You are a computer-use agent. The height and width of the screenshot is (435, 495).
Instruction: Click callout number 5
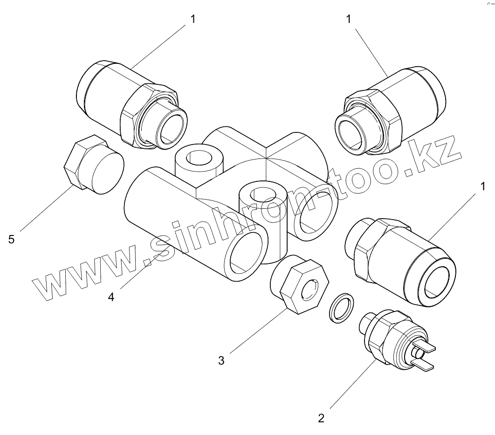[x=12, y=239]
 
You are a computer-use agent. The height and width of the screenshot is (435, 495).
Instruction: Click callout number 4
[x=111, y=297]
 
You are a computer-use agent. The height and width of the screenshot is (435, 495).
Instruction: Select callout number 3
[x=221, y=360]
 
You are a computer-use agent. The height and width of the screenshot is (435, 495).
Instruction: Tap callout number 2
[x=321, y=417]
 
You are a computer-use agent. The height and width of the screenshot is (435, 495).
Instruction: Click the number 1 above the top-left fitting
[x=193, y=19]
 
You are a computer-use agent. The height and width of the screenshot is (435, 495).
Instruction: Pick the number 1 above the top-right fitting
[x=349, y=19]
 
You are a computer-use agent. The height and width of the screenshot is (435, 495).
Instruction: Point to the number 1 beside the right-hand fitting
[x=483, y=187]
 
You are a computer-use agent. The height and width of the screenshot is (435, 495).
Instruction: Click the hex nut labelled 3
[x=298, y=287]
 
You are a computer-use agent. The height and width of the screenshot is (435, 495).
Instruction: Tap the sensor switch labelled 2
[x=394, y=340]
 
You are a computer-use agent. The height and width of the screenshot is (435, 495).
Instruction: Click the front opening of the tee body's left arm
[x=247, y=256]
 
